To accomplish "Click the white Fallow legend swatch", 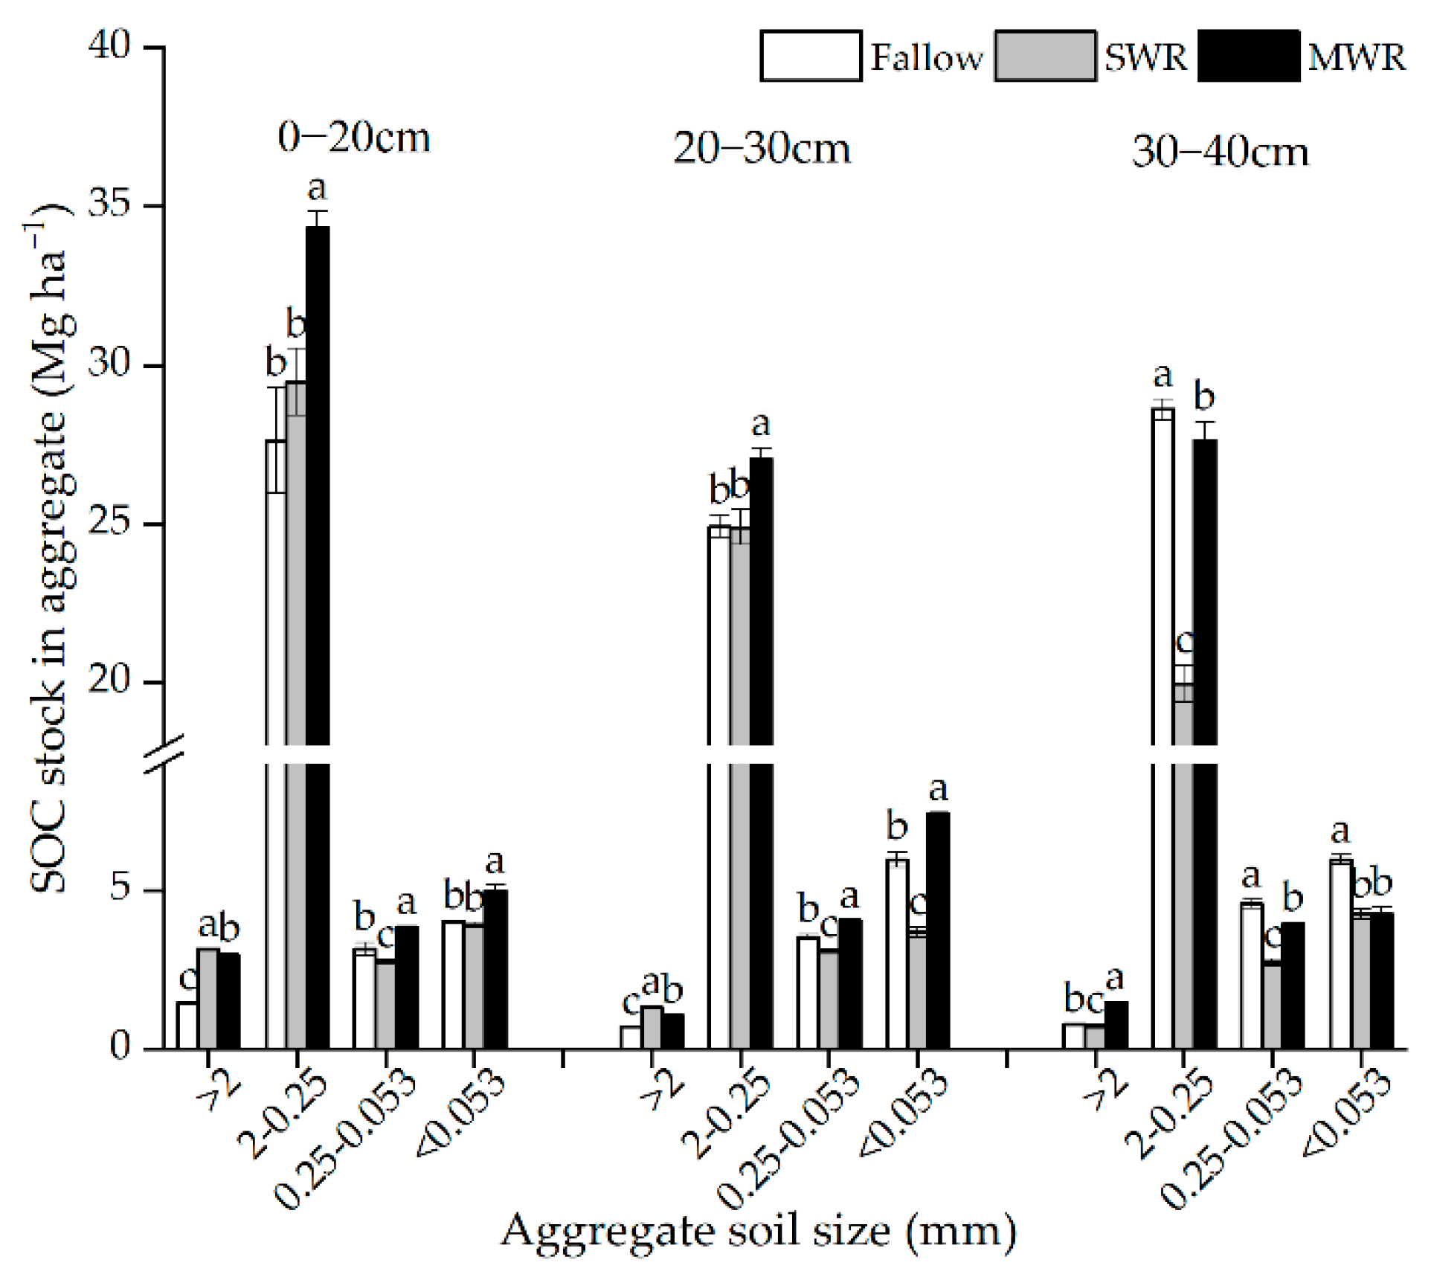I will (x=811, y=56).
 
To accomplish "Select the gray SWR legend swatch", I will (x=1044, y=56).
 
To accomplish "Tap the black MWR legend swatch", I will (x=1249, y=56).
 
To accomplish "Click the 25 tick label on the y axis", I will (x=109, y=524).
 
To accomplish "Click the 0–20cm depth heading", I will (x=354, y=138).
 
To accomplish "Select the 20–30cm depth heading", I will (x=762, y=149).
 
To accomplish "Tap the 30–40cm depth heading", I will (x=1220, y=152).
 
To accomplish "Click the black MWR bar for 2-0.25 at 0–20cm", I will (x=318, y=483).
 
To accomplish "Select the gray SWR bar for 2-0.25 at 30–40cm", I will (x=1184, y=892).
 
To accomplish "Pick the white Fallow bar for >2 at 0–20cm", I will (x=187, y=1026).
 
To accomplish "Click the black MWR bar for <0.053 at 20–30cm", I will (x=938, y=930).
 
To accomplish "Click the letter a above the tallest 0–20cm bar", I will (x=317, y=189).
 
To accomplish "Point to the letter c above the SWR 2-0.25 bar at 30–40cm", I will (x=1185, y=641).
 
